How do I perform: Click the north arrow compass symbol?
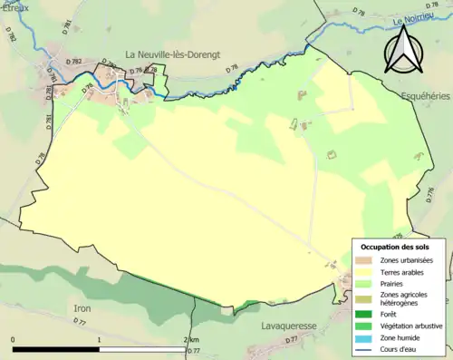[403, 49]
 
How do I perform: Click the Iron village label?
[82, 308]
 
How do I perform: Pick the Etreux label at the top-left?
[15, 5]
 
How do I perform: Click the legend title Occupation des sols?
[395, 247]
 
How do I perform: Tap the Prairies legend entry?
[391, 282]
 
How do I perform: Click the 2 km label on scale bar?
[192, 340]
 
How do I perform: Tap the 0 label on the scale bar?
[14, 340]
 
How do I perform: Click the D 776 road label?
[427, 194]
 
